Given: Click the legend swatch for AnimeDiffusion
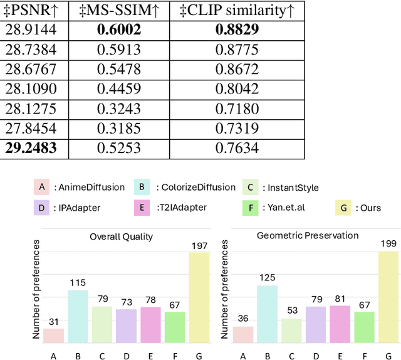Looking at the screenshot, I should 41,187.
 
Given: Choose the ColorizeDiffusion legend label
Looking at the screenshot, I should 197,187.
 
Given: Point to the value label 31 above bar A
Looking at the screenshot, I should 54,321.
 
